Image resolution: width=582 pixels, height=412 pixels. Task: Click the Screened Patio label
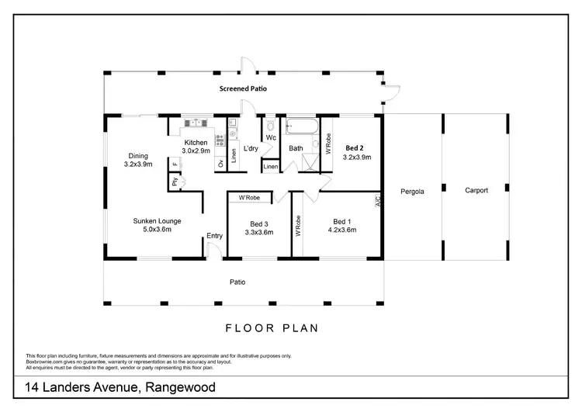pos(243,89)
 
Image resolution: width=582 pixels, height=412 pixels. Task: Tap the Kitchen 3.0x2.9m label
pos(196,147)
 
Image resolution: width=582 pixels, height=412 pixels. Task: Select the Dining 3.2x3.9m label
pos(138,160)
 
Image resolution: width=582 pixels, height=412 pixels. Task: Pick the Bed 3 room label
pos(258,227)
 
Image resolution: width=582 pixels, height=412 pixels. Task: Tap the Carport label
pos(476,190)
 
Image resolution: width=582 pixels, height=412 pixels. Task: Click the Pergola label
pos(411,191)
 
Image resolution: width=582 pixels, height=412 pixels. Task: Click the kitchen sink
pos(196,123)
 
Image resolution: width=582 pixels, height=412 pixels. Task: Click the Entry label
pos(214,237)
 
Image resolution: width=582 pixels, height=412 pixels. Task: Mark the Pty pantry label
pos(175,182)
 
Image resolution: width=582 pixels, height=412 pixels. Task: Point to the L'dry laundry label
pos(250,148)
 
